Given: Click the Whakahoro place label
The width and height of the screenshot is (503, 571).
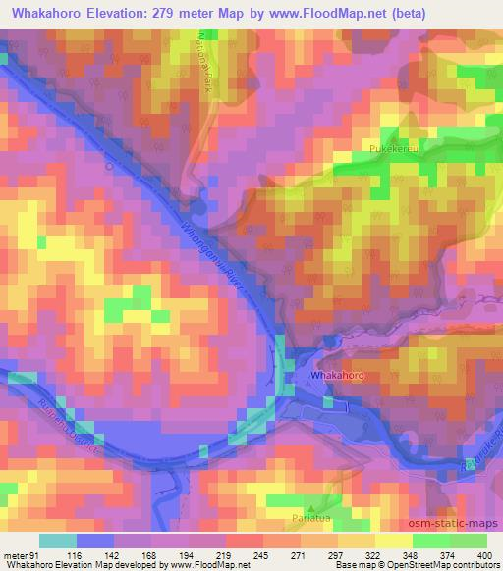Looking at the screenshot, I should click(x=336, y=376).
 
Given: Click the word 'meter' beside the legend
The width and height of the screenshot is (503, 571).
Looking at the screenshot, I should click(x=14, y=556).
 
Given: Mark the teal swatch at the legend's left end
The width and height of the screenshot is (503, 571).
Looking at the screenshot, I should click(x=58, y=541).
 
